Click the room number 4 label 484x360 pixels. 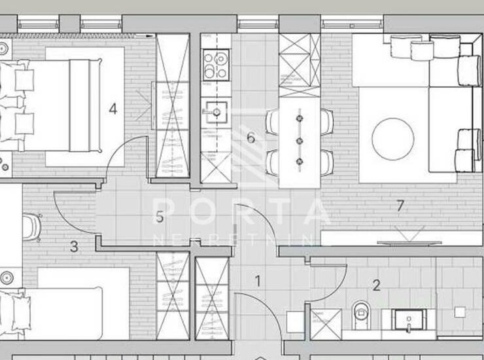pos(113,109)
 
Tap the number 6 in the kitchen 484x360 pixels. pos(251,137)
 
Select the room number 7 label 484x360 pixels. pos(400,206)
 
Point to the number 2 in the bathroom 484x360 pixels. pos(376,285)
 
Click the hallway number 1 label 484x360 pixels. pos(258,281)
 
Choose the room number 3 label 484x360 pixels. pos(74,247)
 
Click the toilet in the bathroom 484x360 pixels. pos(360,314)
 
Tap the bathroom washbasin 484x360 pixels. pos(409,320)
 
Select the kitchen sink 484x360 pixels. pos(216,111)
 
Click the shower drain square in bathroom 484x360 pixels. pos(460,312)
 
